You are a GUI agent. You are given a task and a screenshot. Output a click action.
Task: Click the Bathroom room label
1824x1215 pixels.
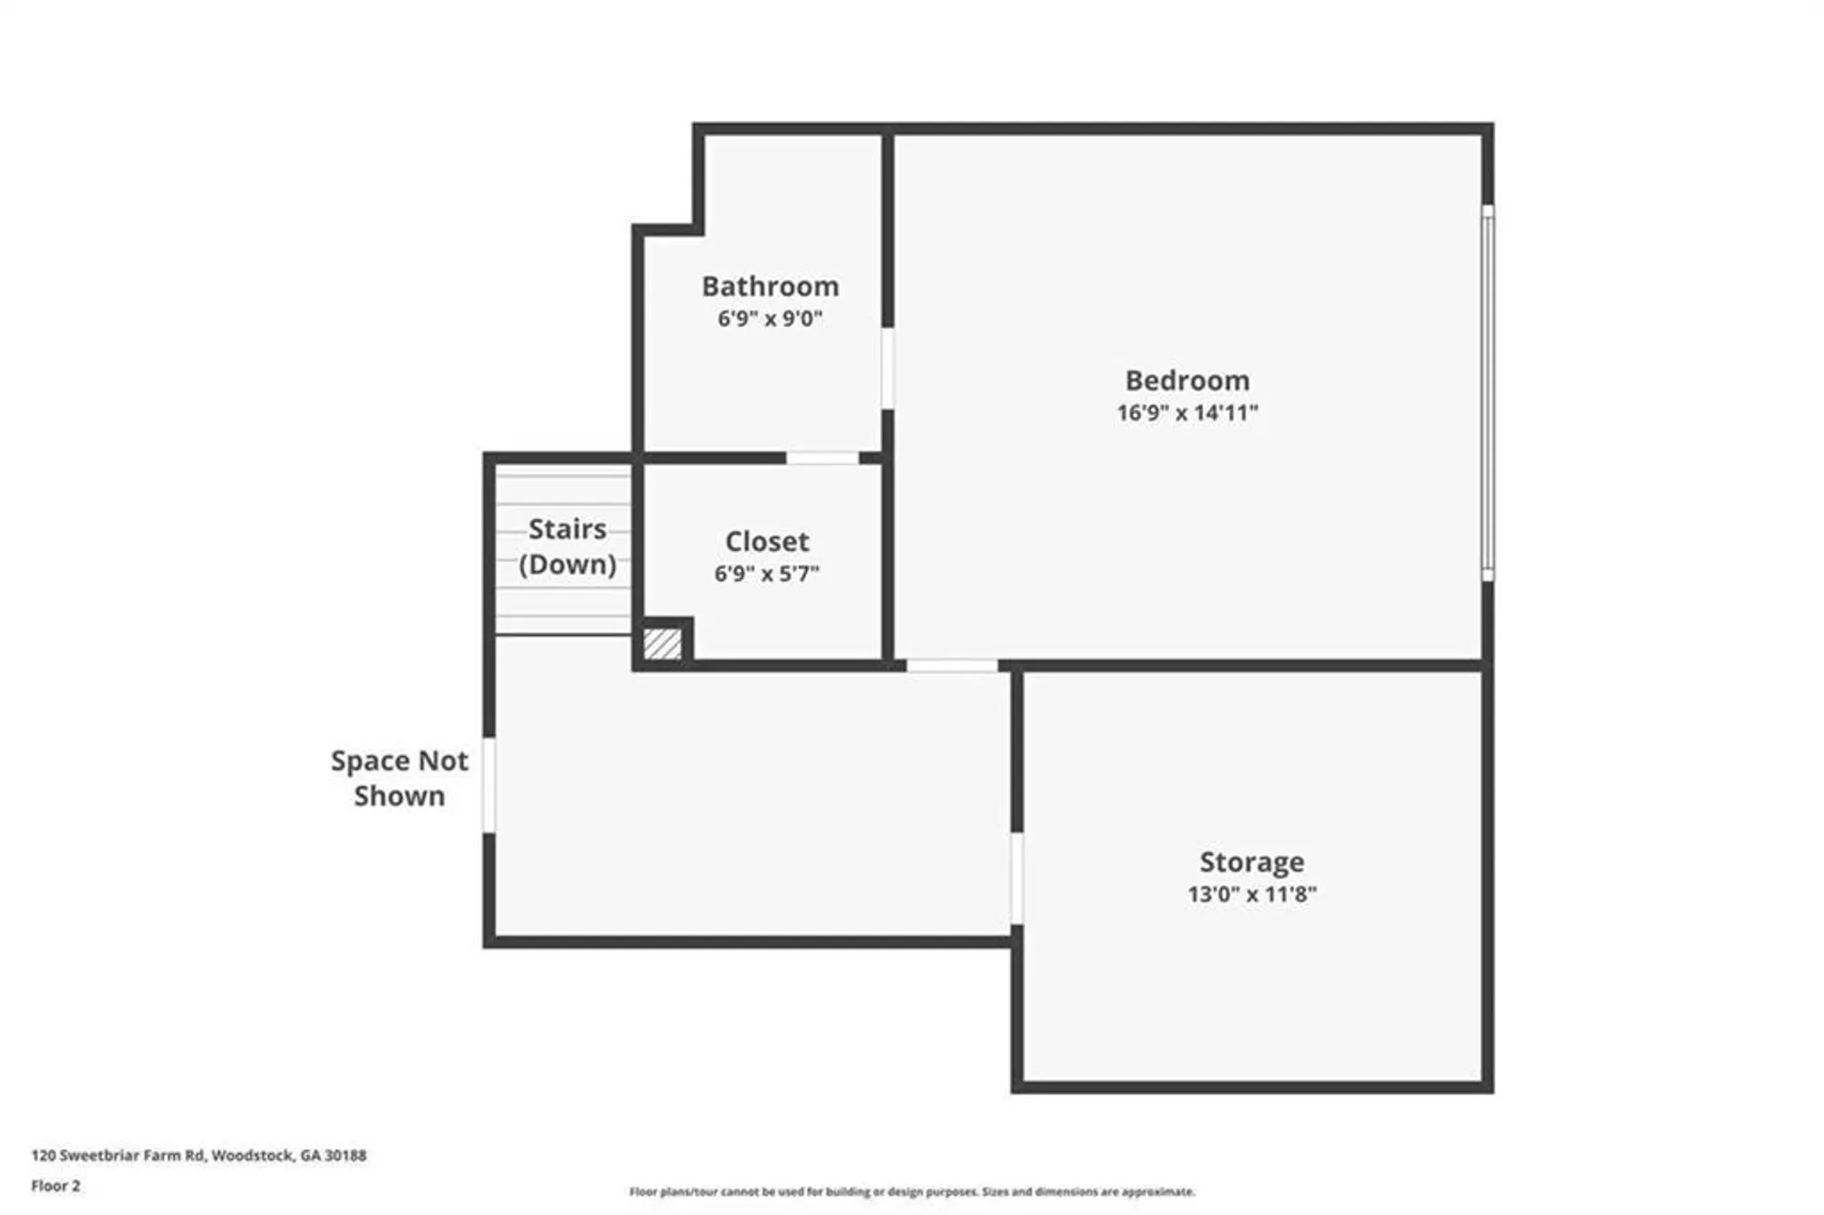tap(770, 286)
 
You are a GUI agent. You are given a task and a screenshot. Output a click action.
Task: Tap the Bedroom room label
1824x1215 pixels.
tap(1187, 380)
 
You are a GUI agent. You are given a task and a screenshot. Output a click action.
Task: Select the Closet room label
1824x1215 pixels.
tap(766, 542)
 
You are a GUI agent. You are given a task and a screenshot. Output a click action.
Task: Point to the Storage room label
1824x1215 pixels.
tap(1251, 862)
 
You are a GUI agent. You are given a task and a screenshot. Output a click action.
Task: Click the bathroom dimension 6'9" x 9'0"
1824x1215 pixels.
tap(770, 318)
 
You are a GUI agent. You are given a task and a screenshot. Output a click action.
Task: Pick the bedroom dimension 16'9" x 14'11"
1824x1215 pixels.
tap(1187, 412)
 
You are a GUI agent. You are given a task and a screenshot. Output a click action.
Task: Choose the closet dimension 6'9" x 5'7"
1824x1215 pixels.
tap(766, 574)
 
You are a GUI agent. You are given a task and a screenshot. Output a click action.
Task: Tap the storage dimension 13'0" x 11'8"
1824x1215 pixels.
tap(1251, 894)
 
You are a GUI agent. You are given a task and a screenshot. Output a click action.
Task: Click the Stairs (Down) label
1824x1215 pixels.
tap(567, 546)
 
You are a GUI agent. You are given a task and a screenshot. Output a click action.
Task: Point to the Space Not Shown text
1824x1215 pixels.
tap(399, 778)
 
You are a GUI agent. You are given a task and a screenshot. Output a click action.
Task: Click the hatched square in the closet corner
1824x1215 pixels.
tap(662, 643)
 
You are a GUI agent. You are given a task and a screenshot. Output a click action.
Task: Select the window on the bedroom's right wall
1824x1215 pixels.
tap(1487, 392)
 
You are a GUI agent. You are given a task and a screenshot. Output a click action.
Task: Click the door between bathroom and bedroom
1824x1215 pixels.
tap(886, 369)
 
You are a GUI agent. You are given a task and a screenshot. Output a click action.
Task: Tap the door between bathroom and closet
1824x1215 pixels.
tap(822, 458)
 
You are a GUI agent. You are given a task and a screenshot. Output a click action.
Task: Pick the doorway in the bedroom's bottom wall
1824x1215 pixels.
tap(951, 666)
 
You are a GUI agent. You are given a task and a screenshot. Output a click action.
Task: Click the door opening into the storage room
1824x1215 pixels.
tap(1016, 877)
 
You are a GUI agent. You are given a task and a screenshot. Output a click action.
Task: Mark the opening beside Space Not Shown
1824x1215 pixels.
tap(489, 784)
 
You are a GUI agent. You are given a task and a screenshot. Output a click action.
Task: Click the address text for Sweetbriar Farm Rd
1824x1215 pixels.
tap(199, 1155)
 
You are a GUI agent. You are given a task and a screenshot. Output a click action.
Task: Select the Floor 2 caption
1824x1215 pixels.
tap(56, 1186)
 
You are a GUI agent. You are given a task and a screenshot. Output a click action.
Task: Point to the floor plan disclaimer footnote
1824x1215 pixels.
tap(911, 1191)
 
